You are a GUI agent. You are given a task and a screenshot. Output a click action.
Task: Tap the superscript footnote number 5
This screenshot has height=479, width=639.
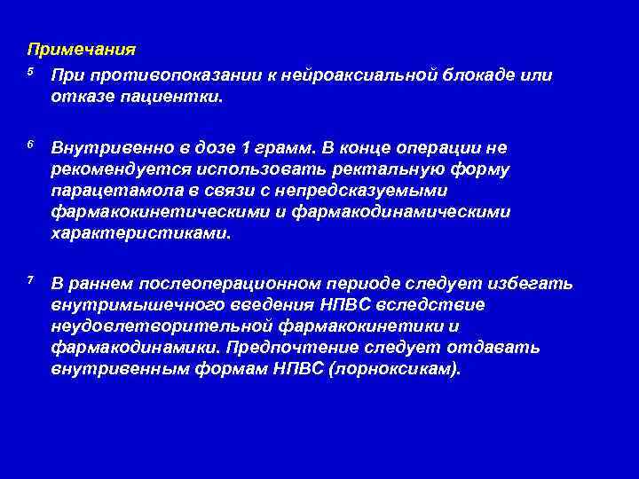[x=30, y=72]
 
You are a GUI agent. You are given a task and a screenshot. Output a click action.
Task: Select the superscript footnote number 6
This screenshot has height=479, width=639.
[x=30, y=144]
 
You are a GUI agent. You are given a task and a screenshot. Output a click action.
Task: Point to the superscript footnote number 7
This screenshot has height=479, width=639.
[x=30, y=280]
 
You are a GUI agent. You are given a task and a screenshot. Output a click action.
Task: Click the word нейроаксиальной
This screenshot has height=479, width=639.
[x=361, y=75]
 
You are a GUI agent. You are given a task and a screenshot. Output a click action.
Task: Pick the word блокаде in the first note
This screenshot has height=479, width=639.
[x=478, y=75]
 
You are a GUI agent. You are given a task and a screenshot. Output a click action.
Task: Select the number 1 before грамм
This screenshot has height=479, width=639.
[x=247, y=146]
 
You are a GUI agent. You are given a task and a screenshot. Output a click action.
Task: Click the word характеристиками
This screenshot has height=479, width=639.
[x=140, y=235]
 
